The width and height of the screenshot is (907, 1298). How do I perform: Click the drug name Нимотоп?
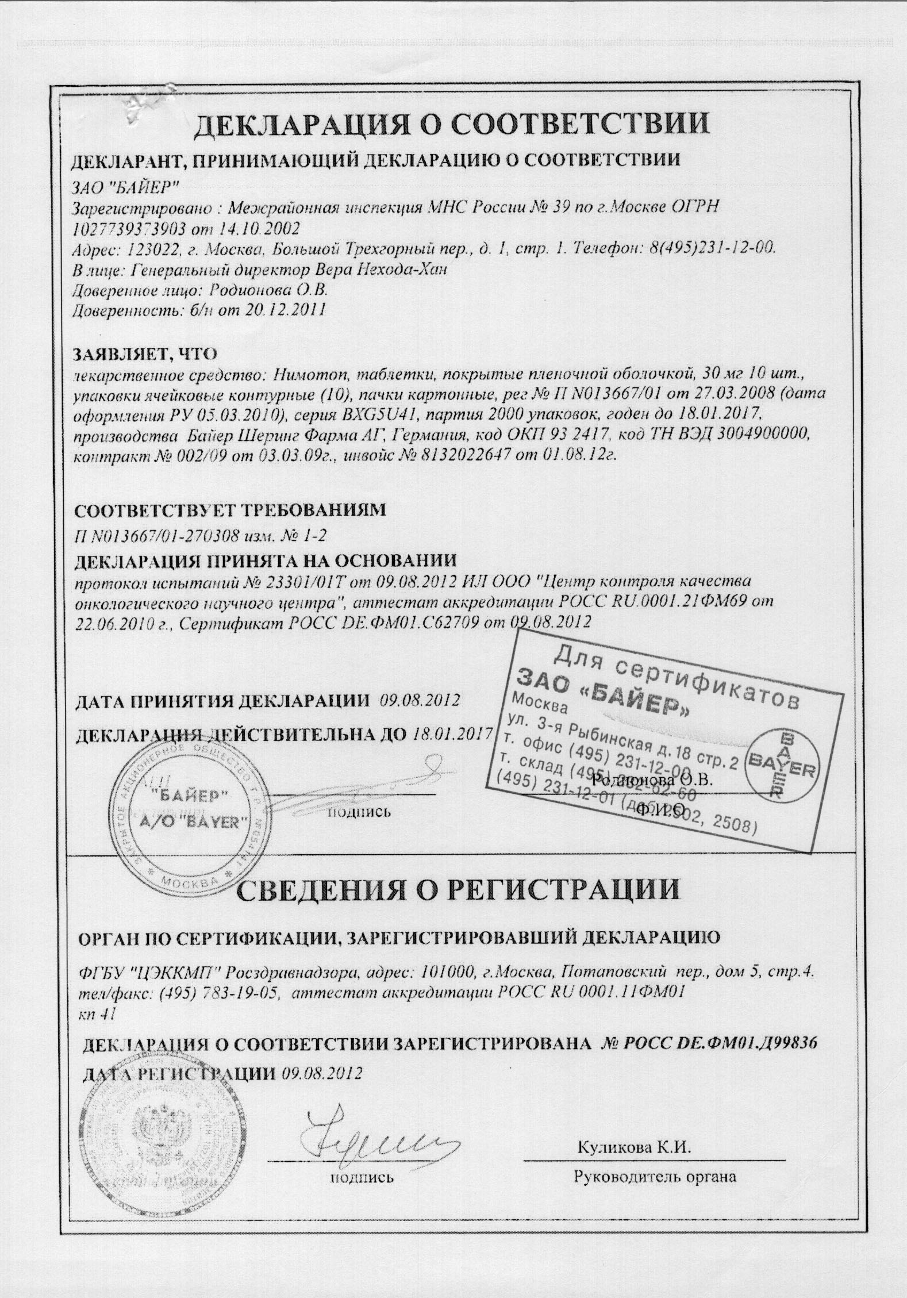pyautogui.click(x=306, y=375)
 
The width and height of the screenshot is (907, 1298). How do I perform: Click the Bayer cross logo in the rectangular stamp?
pyautogui.click(x=781, y=767)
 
